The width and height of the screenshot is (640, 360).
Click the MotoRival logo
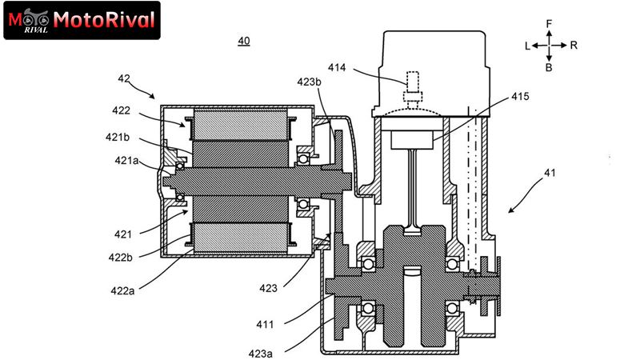[x=82, y=21]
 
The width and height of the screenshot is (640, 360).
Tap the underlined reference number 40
[x=244, y=41]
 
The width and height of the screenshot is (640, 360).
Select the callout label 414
[x=337, y=67]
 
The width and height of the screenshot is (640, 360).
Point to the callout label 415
[x=520, y=96]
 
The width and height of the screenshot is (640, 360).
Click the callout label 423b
[x=309, y=82]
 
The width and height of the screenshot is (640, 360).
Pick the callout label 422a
[x=122, y=291]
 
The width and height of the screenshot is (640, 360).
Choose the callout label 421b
[x=118, y=137]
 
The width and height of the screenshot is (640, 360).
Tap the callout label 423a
[x=261, y=354]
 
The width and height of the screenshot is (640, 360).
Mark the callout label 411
[x=265, y=325]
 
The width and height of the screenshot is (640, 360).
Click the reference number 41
[x=550, y=173]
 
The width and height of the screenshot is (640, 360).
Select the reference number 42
[x=124, y=78]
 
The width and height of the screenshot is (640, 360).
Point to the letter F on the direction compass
[x=549, y=24]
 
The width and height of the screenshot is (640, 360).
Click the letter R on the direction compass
[x=574, y=46]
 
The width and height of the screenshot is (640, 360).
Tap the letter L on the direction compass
[x=527, y=46]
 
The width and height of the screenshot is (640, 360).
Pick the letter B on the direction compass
[x=549, y=67]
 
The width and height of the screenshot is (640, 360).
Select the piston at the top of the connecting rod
[x=412, y=139]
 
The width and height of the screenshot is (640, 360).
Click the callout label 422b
[x=121, y=258]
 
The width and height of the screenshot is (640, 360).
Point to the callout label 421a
[x=126, y=161]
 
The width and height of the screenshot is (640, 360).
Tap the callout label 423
[x=268, y=288]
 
